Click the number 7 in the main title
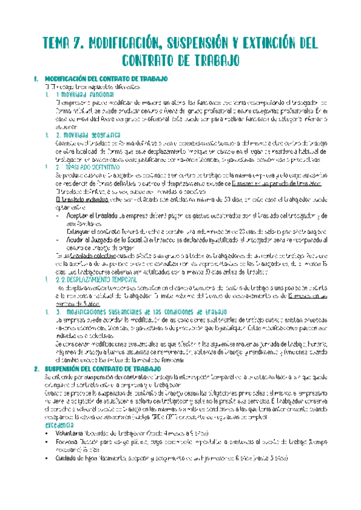(87, 43)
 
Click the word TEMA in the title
(60, 43)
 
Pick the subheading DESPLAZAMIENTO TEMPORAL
(99, 262)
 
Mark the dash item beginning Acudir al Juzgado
(181, 238)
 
